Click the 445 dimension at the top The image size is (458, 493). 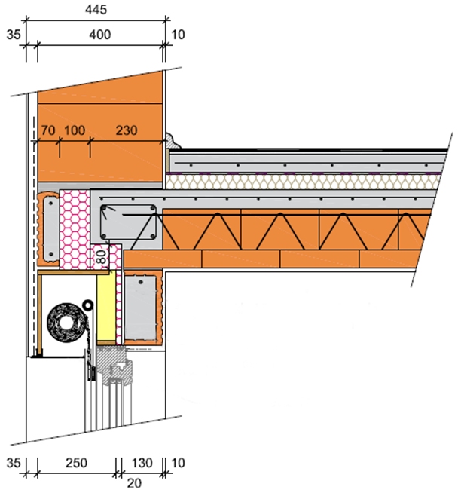pyautogui.click(x=96, y=10)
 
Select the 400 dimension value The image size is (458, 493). pyautogui.click(x=100, y=35)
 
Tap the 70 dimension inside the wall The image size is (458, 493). pyautogui.click(x=48, y=130)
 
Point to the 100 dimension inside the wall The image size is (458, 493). pyautogui.click(x=75, y=130)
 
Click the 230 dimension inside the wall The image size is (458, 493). pyautogui.click(x=127, y=130)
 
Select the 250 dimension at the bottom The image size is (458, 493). pyautogui.click(x=76, y=463)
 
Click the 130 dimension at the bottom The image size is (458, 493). pyautogui.click(x=142, y=463)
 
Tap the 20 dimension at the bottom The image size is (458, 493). pyautogui.click(x=134, y=483)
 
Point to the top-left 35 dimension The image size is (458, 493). pyautogui.click(x=14, y=35)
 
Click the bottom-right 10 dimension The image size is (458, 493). pyautogui.click(x=178, y=463)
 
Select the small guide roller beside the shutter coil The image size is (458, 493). pyautogui.click(x=88, y=305)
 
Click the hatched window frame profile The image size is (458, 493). pyautogui.click(x=114, y=366)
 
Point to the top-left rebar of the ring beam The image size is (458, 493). pyautogui.click(x=104, y=207)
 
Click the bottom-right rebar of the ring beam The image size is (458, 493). pyautogui.click(x=153, y=236)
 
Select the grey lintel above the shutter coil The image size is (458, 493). pyautogui.click(x=51, y=228)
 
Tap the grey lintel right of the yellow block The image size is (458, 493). pyautogui.click(x=141, y=308)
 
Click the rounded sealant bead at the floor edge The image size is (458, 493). pyautogui.click(x=173, y=140)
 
